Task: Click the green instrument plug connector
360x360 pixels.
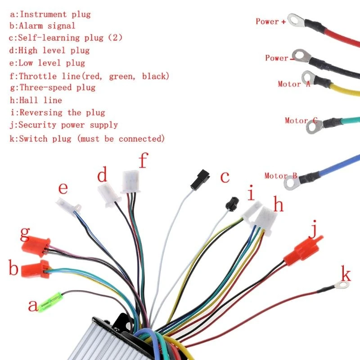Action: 49,301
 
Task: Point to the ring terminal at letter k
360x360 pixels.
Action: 342,285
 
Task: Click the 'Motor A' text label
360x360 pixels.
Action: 294,84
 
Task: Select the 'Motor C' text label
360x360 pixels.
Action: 301,121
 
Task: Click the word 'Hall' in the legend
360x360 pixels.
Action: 31,100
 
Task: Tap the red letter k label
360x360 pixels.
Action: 346,273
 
